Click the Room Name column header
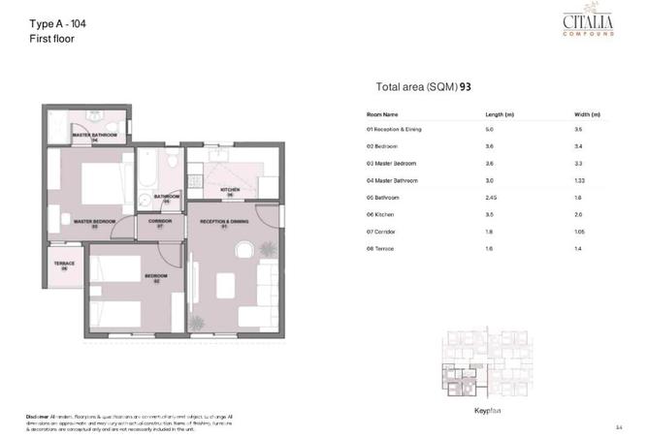(382, 114)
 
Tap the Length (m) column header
(500, 114)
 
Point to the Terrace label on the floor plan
(63, 264)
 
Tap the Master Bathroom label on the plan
(95, 135)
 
